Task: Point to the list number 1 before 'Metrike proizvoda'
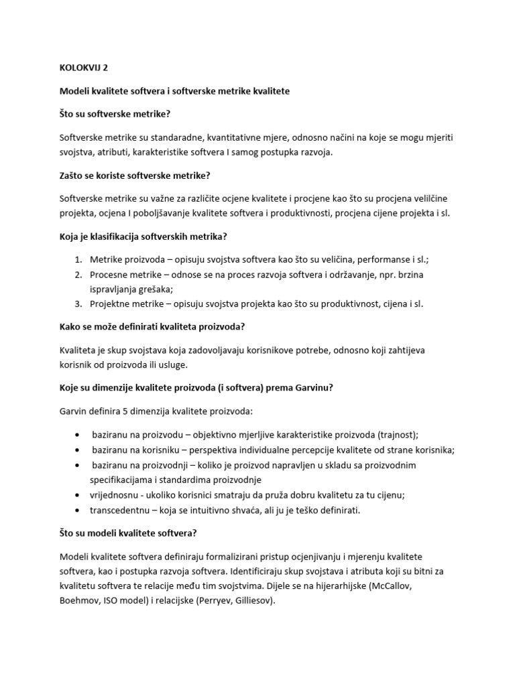click(x=78, y=259)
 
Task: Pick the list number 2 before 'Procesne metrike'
click(x=78, y=274)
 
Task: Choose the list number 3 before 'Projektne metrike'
click(x=78, y=303)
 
